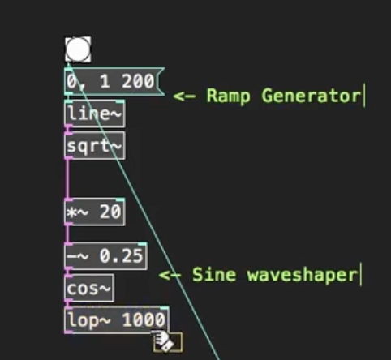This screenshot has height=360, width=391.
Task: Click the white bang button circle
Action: pyautogui.click(x=78, y=49)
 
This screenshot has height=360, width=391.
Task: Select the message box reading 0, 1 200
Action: pyautogui.click(x=114, y=82)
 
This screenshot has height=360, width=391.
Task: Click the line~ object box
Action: pyautogui.click(x=95, y=114)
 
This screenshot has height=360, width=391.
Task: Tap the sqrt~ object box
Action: pyautogui.click(x=95, y=146)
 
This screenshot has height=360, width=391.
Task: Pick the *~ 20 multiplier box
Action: pyautogui.click(x=95, y=212)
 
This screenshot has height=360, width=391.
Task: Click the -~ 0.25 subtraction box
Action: pyautogui.click(x=105, y=256)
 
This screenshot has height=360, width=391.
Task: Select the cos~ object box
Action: pyautogui.click(x=89, y=288)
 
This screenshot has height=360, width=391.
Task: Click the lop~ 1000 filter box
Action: pyautogui.click(x=117, y=320)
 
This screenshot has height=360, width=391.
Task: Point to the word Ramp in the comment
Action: pyautogui.click(x=228, y=96)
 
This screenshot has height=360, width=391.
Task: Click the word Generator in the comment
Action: pyautogui.click(x=312, y=96)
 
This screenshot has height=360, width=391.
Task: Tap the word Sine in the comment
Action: pyautogui.click(x=214, y=275)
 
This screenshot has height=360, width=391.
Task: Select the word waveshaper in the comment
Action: pyautogui.click(x=303, y=276)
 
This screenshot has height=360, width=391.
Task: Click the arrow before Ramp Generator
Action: pyautogui.click(x=184, y=96)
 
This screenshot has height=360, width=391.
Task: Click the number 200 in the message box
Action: pyautogui.click(x=138, y=81)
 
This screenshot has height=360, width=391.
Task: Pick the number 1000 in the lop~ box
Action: pyautogui.click(x=144, y=320)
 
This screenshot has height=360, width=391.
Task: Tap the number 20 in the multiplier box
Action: pyautogui.click(x=110, y=212)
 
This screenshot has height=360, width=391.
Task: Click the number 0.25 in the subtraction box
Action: pyautogui.click(x=121, y=255)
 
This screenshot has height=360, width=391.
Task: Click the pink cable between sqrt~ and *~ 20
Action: pyautogui.click(x=67, y=178)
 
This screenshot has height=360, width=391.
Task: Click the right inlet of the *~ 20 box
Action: pyautogui.click(x=120, y=199)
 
